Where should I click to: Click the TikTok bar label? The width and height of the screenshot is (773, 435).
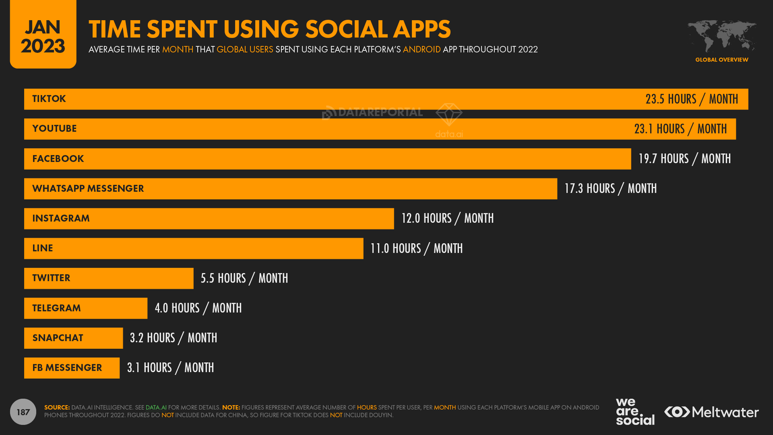click(49, 99)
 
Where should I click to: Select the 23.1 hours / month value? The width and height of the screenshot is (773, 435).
click(680, 129)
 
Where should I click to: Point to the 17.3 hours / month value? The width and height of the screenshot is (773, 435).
click(610, 189)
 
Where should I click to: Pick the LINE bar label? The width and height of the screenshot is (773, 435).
click(43, 248)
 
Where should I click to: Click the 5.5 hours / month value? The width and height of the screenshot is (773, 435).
click(244, 278)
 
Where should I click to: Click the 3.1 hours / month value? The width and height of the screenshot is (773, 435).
click(170, 368)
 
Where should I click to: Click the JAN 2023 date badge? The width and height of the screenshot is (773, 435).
click(43, 36)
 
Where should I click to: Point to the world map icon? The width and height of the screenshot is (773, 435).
click(721, 36)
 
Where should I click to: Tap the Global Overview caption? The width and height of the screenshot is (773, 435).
click(721, 60)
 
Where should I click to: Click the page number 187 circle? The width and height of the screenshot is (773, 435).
click(23, 412)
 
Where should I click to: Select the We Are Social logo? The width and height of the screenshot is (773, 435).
click(635, 411)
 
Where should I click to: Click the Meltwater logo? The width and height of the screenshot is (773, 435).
click(711, 412)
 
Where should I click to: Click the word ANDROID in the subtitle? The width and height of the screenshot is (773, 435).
click(422, 49)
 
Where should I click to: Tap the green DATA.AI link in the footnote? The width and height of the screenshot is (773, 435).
click(156, 408)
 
